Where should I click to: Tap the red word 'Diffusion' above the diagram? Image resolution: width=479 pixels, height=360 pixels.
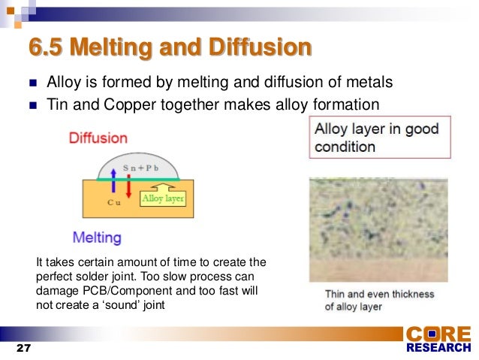pyautogui.click(x=98, y=138)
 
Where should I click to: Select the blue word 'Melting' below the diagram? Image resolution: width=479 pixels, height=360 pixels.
pyautogui.click(x=97, y=237)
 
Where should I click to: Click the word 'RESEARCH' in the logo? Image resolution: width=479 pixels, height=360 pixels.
pyautogui.click(x=438, y=349)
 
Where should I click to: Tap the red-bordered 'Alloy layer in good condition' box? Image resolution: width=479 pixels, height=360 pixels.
pyautogui.click(x=380, y=137)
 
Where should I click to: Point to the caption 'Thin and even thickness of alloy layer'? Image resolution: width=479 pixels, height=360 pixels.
pyautogui.click(x=379, y=301)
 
